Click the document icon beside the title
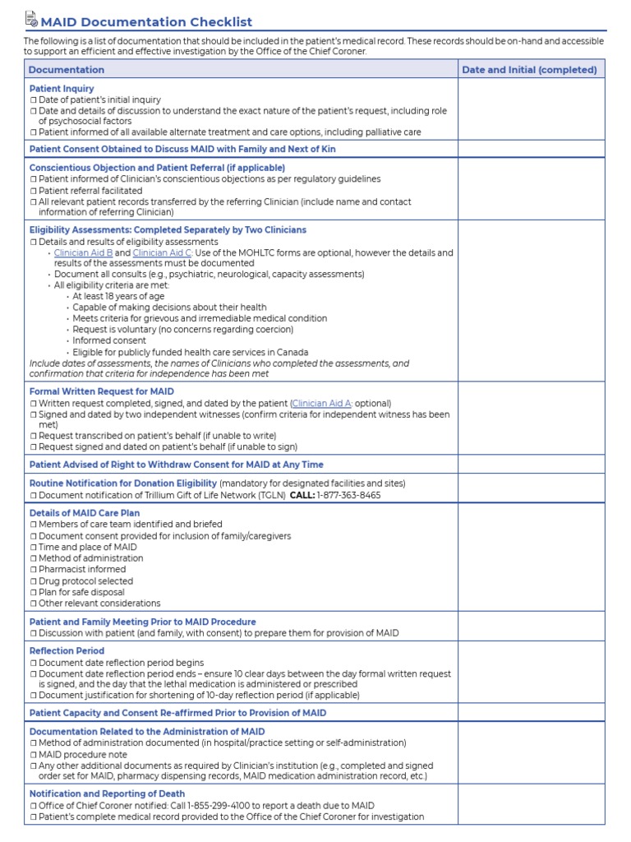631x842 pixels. tap(31, 19)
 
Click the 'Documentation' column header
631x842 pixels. tap(67, 70)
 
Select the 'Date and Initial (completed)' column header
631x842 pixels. tap(529, 70)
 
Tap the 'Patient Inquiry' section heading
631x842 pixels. tap(62, 88)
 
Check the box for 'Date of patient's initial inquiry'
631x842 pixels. tap(34, 99)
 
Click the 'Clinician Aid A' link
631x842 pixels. tap(322, 404)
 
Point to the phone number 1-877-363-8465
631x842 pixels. tap(348, 495)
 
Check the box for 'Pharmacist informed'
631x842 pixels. tap(34, 569)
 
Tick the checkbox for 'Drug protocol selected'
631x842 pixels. tap(34, 581)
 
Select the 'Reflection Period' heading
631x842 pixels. tap(67, 650)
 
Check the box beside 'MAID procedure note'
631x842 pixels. tap(34, 754)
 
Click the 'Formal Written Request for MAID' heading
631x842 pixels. tap(102, 391)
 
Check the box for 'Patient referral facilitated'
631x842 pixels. tap(34, 191)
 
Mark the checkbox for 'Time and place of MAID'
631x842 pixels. tap(34, 547)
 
